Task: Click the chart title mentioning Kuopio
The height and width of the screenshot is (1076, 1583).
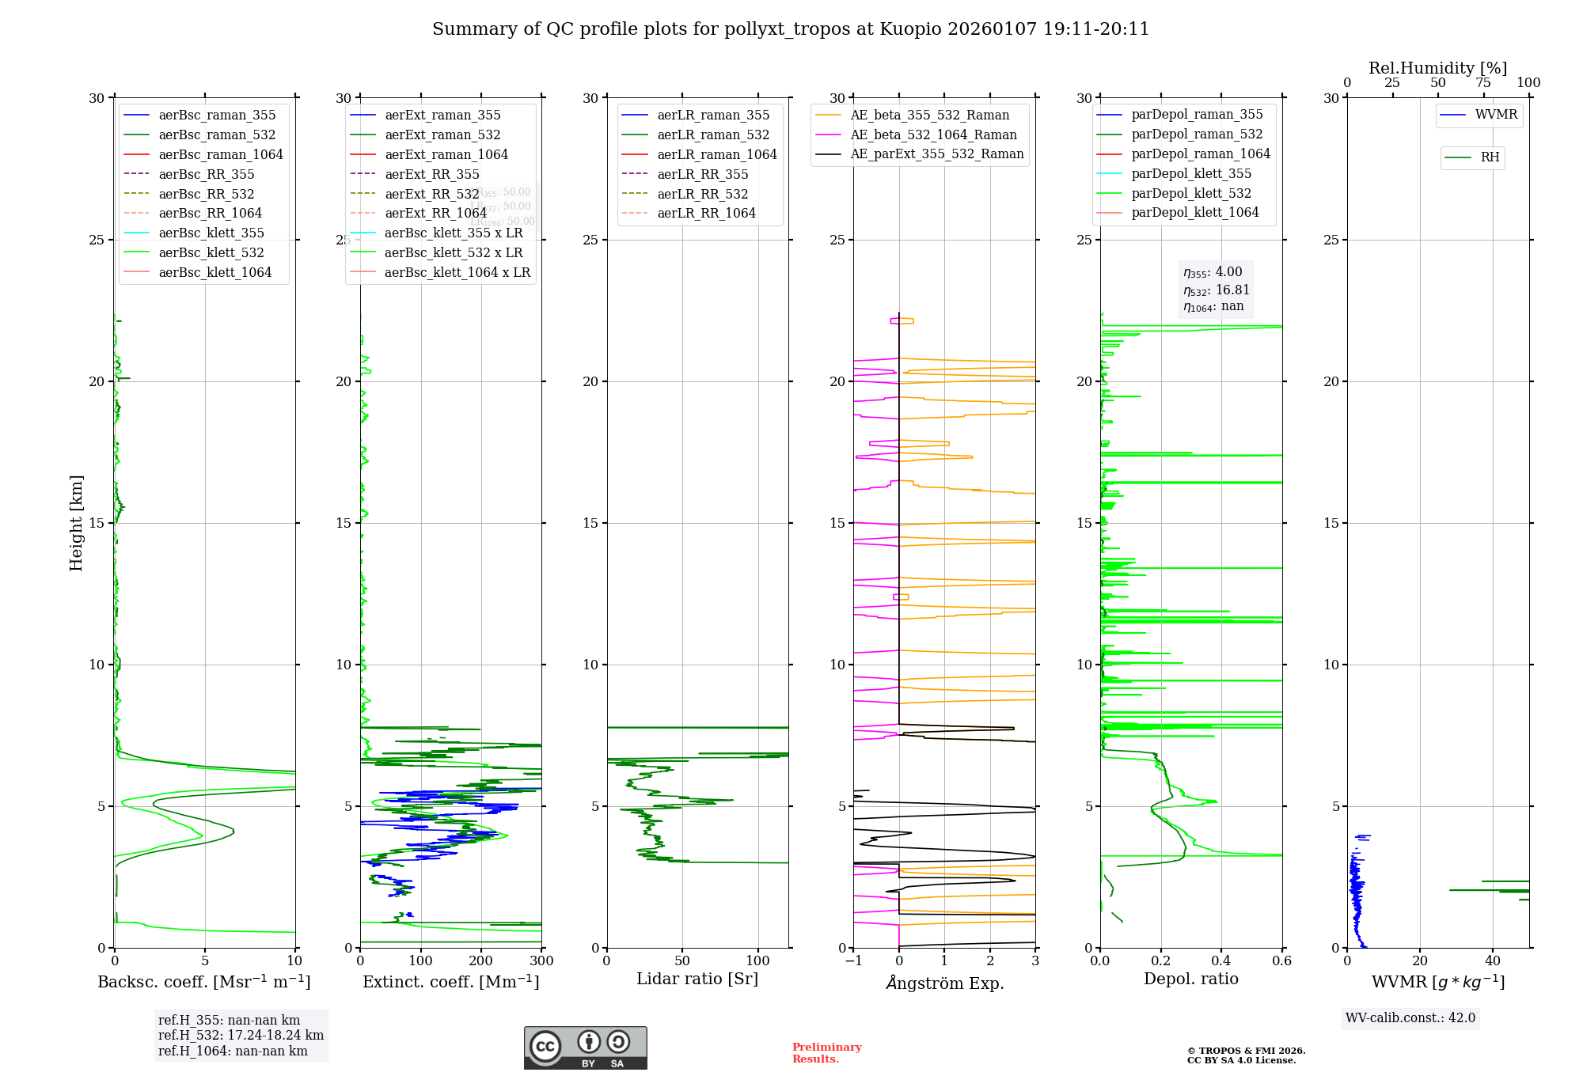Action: [790, 29]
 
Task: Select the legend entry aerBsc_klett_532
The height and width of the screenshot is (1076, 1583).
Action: [211, 252]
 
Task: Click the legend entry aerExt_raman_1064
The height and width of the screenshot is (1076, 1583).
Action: [446, 154]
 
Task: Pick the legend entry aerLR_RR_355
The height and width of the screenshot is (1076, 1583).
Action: [702, 174]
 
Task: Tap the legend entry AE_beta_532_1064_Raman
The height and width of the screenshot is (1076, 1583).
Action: [932, 134]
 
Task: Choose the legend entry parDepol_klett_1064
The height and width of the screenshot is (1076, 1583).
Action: [1194, 212]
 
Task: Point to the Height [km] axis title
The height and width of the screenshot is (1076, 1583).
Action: [76, 523]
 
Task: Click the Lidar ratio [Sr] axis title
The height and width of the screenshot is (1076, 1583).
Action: [697, 979]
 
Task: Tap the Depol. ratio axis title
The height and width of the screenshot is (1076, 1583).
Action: [1190, 979]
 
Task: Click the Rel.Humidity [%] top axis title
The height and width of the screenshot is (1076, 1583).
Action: [1437, 68]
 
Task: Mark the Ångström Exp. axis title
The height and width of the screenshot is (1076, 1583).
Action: [944, 983]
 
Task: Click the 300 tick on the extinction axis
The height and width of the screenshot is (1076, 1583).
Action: [542, 961]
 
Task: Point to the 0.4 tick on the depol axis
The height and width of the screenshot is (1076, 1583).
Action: [1221, 961]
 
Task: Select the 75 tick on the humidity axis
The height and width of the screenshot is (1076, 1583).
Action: [1483, 83]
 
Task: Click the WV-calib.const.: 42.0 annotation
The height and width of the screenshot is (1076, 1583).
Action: [1410, 1018]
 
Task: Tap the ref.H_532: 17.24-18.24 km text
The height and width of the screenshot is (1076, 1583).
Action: [241, 1036]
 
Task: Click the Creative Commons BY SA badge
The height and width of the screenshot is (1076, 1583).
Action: [585, 1048]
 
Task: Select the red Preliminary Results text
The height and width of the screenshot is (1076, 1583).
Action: [826, 1053]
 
